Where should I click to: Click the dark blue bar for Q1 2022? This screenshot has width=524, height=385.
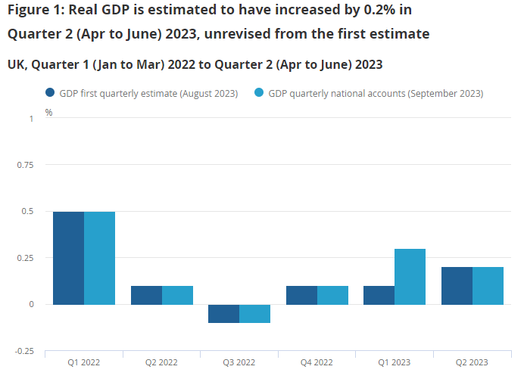point(68,258)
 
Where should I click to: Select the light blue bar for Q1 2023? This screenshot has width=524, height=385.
point(410,277)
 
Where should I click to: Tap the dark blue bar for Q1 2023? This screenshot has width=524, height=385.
point(379,295)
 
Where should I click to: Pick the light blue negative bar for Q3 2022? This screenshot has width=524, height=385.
point(254,313)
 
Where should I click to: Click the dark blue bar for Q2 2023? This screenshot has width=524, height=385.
point(457,286)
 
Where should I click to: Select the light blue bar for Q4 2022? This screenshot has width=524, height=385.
point(332,295)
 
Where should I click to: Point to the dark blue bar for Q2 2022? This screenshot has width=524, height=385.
point(146,295)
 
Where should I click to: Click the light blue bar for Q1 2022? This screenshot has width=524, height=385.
point(99,258)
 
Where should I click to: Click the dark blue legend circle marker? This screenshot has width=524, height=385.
point(51,93)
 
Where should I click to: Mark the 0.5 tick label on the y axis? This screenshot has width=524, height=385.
point(27,212)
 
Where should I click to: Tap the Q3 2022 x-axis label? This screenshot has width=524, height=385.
point(239,362)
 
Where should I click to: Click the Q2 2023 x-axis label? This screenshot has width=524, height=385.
point(472,362)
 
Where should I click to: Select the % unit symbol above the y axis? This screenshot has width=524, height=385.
point(48,112)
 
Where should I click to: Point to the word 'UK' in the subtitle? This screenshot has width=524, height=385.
point(16,64)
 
